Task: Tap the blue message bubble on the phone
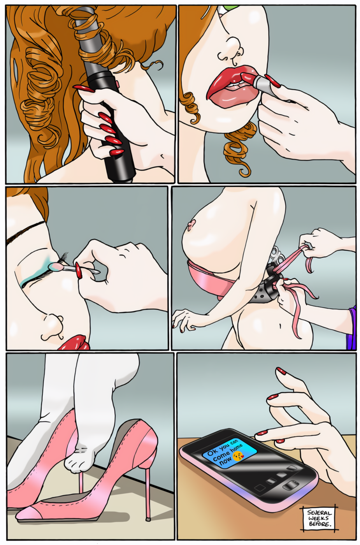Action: point(230,453)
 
